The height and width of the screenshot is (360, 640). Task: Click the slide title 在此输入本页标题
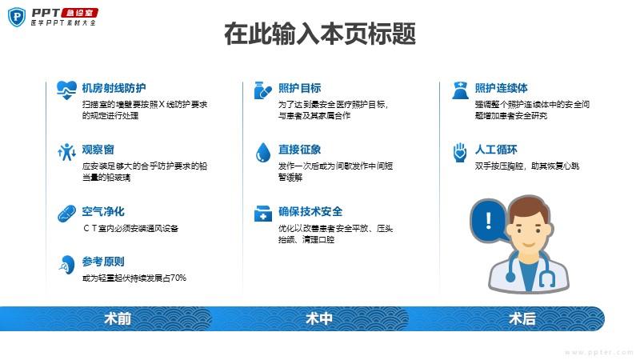(320, 34)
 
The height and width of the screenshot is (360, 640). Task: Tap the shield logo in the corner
(17, 17)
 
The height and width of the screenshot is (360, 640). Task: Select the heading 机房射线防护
(114, 88)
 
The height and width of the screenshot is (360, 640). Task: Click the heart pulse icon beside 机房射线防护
(66, 90)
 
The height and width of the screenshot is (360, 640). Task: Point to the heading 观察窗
(98, 150)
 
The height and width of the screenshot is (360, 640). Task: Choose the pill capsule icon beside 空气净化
(66, 214)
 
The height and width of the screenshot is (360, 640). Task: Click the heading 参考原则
(103, 262)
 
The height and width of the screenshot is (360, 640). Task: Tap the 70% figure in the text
(178, 278)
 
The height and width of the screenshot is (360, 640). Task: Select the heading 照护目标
(299, 88)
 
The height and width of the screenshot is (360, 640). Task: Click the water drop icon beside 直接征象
(263, 153)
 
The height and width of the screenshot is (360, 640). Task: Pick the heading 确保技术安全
(310, 211)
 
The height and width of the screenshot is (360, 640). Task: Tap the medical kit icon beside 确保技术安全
(263, 214)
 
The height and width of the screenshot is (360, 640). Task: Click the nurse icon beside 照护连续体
(460, 90)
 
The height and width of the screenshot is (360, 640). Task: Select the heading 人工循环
(496, 150)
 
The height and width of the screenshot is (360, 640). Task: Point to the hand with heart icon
(460, 152)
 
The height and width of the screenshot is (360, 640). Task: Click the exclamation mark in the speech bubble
(489, 221)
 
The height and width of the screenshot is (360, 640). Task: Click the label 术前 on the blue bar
(118, 318)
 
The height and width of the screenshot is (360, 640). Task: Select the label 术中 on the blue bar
(318, 318)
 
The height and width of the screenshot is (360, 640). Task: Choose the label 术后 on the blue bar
(522, 318)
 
